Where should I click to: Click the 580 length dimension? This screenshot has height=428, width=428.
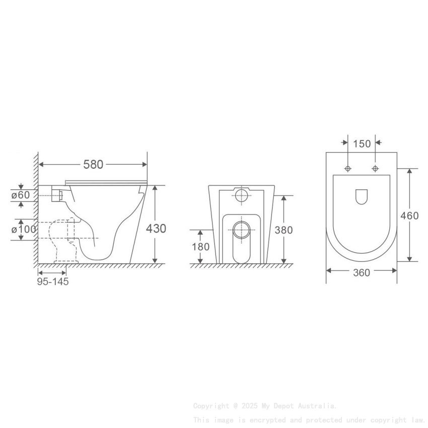coord(93,164)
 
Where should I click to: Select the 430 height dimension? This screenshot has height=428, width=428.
coord(156,228)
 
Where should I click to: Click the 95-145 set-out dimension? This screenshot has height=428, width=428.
coord(53,281)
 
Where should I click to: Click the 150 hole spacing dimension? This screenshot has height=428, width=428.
coord(362,144)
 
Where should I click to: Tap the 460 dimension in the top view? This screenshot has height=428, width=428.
coord(409,216)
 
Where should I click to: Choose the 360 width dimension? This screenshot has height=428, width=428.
coord(361,272)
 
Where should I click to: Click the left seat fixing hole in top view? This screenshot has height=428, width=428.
coord(347,168)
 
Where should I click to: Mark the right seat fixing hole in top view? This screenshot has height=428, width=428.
coord(375,168)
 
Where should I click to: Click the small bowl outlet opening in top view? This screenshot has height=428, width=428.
coord(361,196)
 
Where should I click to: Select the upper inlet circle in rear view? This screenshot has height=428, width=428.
coord(242,195)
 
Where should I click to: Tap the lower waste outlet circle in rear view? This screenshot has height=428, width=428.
coord(242,229)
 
